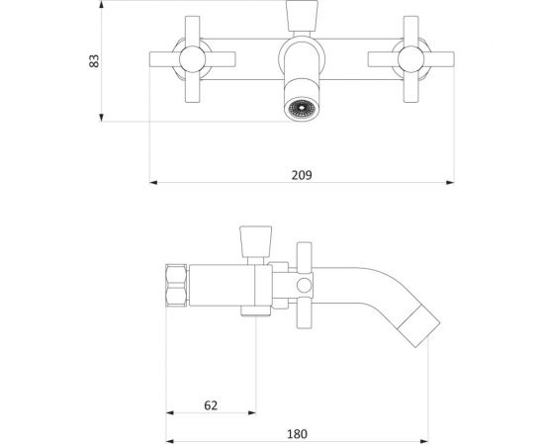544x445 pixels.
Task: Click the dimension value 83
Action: pyautogui.click(x=94, y=61)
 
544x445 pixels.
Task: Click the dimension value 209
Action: pyautogui.click(x=302, y=175)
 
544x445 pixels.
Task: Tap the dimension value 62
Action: pyautogui.click(x=211, y=405)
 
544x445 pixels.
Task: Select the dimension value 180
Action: pyautogui.click(x=297, y=434)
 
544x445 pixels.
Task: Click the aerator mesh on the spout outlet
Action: pyautogui.click(x=302, y=108)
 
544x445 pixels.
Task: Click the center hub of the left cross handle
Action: pyautogui.click(x=193, y=59)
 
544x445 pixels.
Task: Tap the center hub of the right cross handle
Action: pyautogui.click(x=411, y=59)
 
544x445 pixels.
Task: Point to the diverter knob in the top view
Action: pyautogui.click(x=302, y=16)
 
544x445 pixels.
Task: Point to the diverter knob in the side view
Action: pyautogui.click(x=256, y=241)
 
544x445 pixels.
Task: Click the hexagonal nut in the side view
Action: pyautogui.click(x=177, y=285)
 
